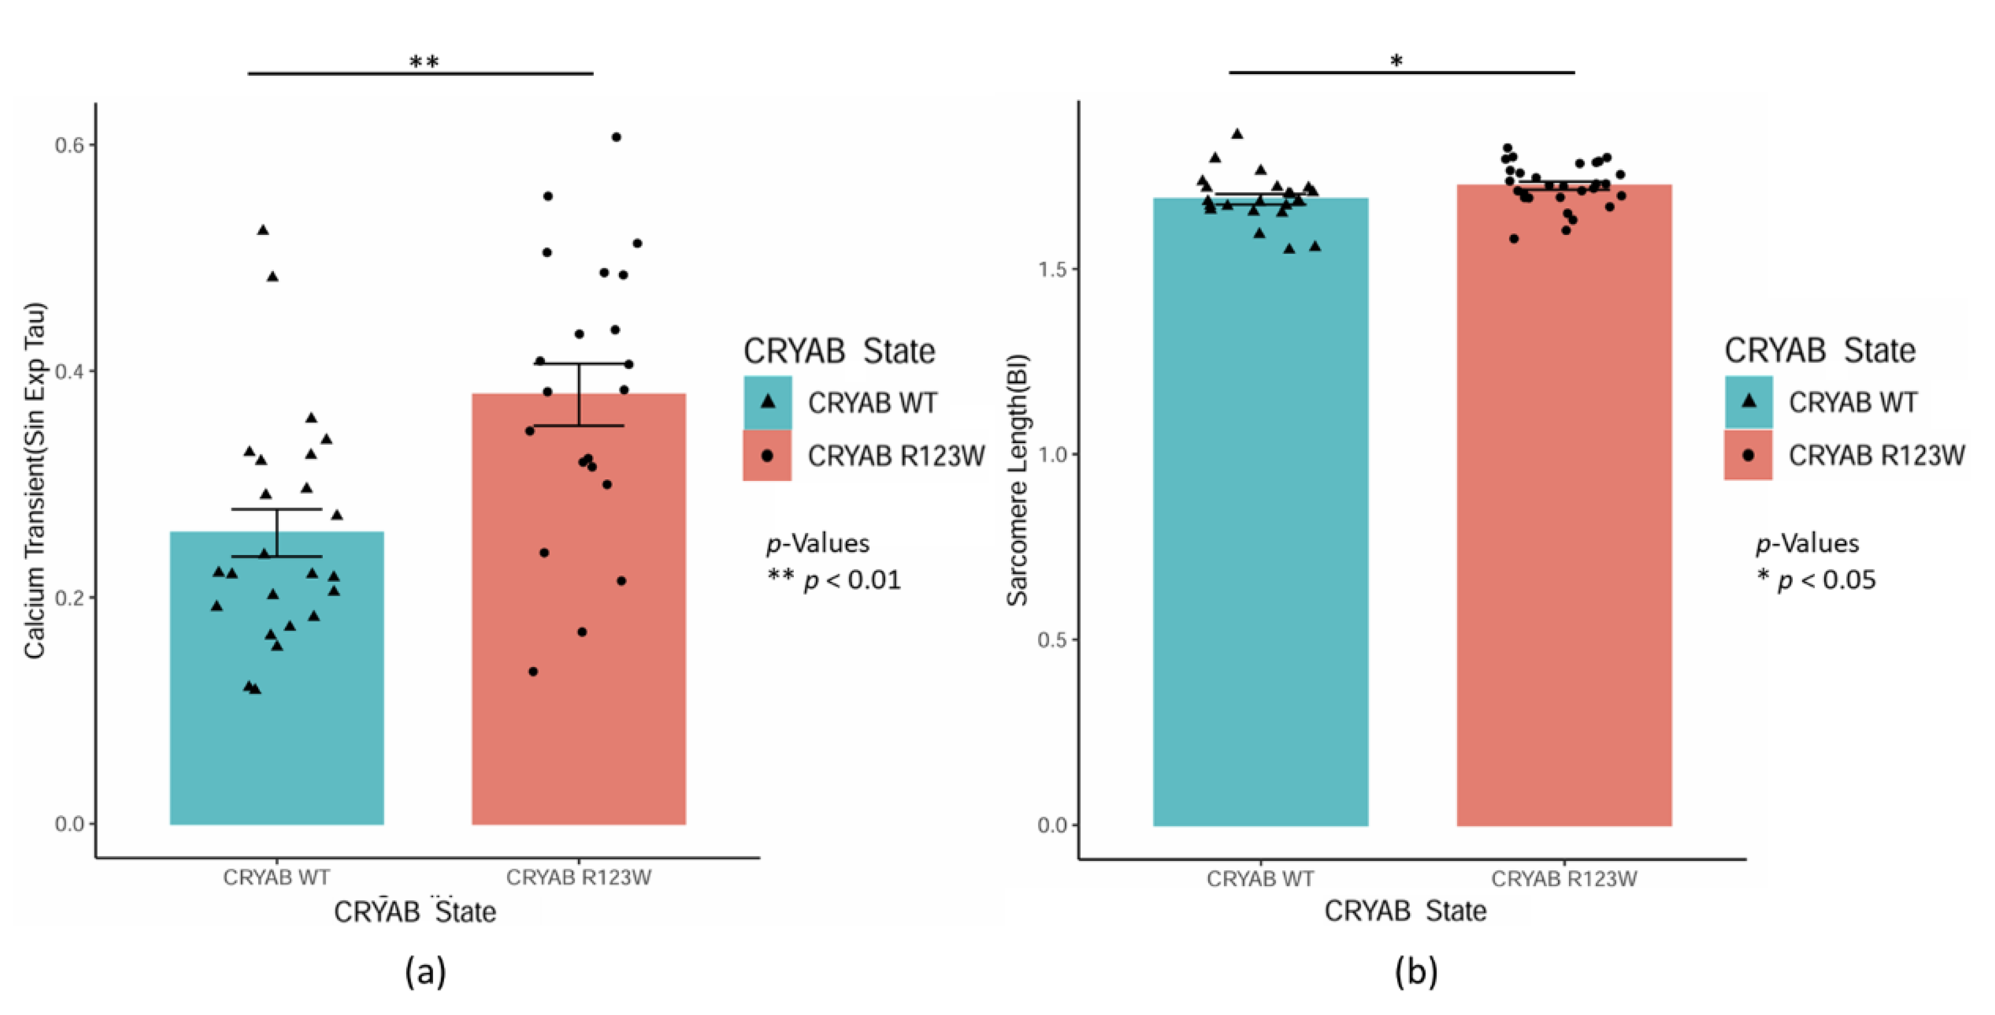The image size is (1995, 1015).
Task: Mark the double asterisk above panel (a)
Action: pyautogui.click(x=424, y=62)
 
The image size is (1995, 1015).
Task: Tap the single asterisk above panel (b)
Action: pyautogui.click(x=1396, y=61)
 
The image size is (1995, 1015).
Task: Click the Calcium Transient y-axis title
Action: pyautogui.click(x=35, y=480)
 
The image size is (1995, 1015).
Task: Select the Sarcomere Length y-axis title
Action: pyautogui.click(x=1017, y=480)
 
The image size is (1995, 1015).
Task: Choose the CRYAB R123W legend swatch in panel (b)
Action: pyautogui.click(x=1748, y=455)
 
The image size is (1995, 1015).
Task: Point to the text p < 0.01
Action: pyautogui.click(x=852, y=580)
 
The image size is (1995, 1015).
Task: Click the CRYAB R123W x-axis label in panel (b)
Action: pyautogui.click(x=1564, y=879)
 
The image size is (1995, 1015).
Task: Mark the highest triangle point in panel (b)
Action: pyautogui.click(x=1237, y=134)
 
